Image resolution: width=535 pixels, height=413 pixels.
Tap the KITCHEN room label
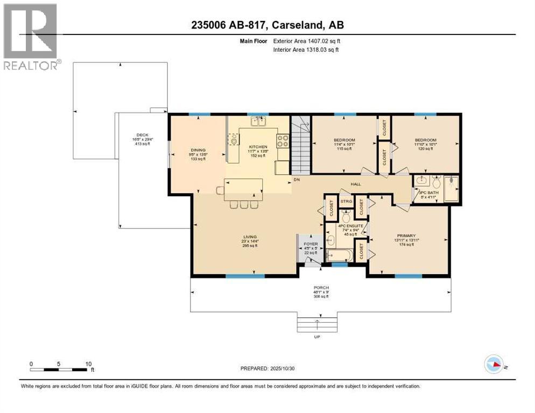pos(258,147)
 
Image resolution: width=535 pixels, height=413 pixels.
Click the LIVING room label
pos(249,237)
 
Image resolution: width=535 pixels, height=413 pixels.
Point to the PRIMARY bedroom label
pos(406,235)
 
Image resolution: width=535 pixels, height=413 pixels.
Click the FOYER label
pos(311,243)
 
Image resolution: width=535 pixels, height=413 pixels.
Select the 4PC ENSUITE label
pos(351,225)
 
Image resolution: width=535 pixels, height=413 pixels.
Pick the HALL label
pos(356,184)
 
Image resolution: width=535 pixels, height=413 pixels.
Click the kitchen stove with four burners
pos(283,141)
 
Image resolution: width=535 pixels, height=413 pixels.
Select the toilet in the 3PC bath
pos(436,181)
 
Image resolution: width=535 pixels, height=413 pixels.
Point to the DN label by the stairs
pos(296,179)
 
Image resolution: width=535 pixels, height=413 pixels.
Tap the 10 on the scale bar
pos(88,364)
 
